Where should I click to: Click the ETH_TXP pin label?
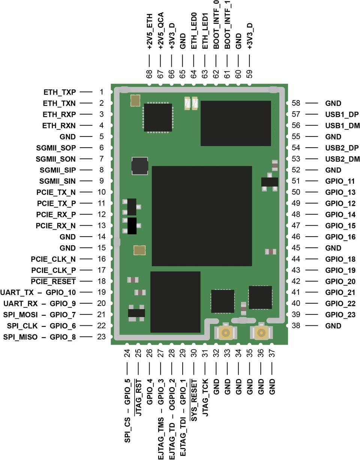click(x=60, y=92)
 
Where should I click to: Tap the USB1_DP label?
click(x=342, y=114)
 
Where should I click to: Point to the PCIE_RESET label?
click(x=53, y=281)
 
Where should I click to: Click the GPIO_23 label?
click(x=340, y=315)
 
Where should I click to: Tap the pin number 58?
click(x=296, y=103)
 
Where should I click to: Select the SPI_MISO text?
click(x=21, y=337)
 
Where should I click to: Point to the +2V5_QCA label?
click(x=160, y=31)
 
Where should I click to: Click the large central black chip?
click(x=202, y=216)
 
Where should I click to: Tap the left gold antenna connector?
click(x=226, y=333)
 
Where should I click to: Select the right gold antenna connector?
click(x=262, y=333)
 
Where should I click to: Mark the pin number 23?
click(x=102, y=337)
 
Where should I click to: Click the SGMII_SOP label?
click(x=56, y=148)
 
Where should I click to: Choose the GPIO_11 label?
click(x=340, y=181)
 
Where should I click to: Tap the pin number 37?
click(x=272, y=354)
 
